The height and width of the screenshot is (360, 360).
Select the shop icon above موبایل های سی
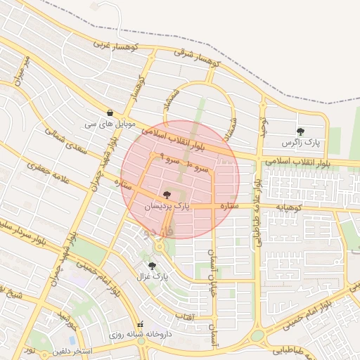click(110, 112)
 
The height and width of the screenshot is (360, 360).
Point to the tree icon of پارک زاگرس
click(301, 131)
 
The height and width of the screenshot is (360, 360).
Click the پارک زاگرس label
click(300, 143)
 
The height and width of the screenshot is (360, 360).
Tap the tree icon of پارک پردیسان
click(167, 195)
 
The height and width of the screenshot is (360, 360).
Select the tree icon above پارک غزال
click(153, 266)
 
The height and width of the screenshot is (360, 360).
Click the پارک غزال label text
click(153, 277)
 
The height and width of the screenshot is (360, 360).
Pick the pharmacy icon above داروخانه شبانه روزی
click(141, 325)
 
